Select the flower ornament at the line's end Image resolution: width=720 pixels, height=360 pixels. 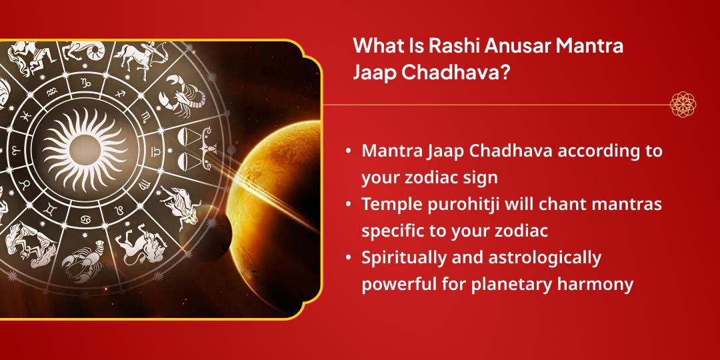pyautogui.click(x=683, y=105)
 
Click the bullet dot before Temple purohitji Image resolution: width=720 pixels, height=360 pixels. pyautogui.click(x=349, y=205)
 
